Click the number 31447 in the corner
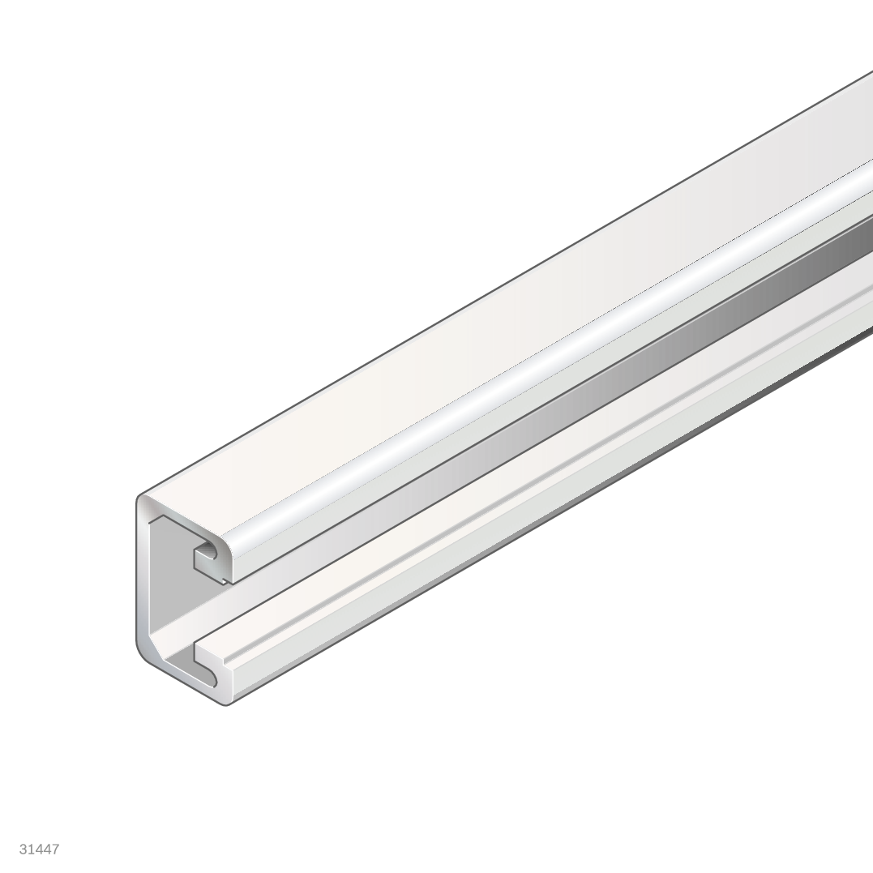coord(39,849)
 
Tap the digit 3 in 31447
coord(24,849)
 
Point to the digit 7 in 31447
coord(55,849)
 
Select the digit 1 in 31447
coord(31,849)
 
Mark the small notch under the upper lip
coord(225,579)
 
